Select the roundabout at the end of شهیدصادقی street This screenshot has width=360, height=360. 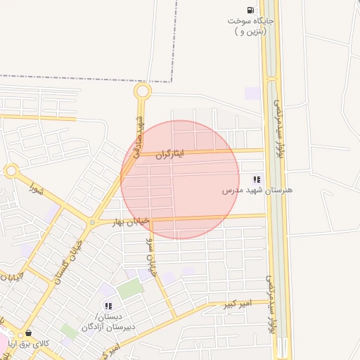coord(143,91)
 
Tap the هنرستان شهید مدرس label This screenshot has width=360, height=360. coord(257,191)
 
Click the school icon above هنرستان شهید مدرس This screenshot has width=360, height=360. coord(257,179)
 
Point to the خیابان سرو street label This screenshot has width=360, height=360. coord(150,256)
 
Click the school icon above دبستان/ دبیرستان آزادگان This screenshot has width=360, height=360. coord(108,306)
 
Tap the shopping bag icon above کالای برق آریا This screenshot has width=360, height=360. coord(29,333)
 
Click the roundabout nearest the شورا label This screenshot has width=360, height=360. coord(11,170)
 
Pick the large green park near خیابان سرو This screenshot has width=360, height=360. coord(130,288)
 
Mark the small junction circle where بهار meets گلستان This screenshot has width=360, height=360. coord(92,223)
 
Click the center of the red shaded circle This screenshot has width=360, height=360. coord(180,180)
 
